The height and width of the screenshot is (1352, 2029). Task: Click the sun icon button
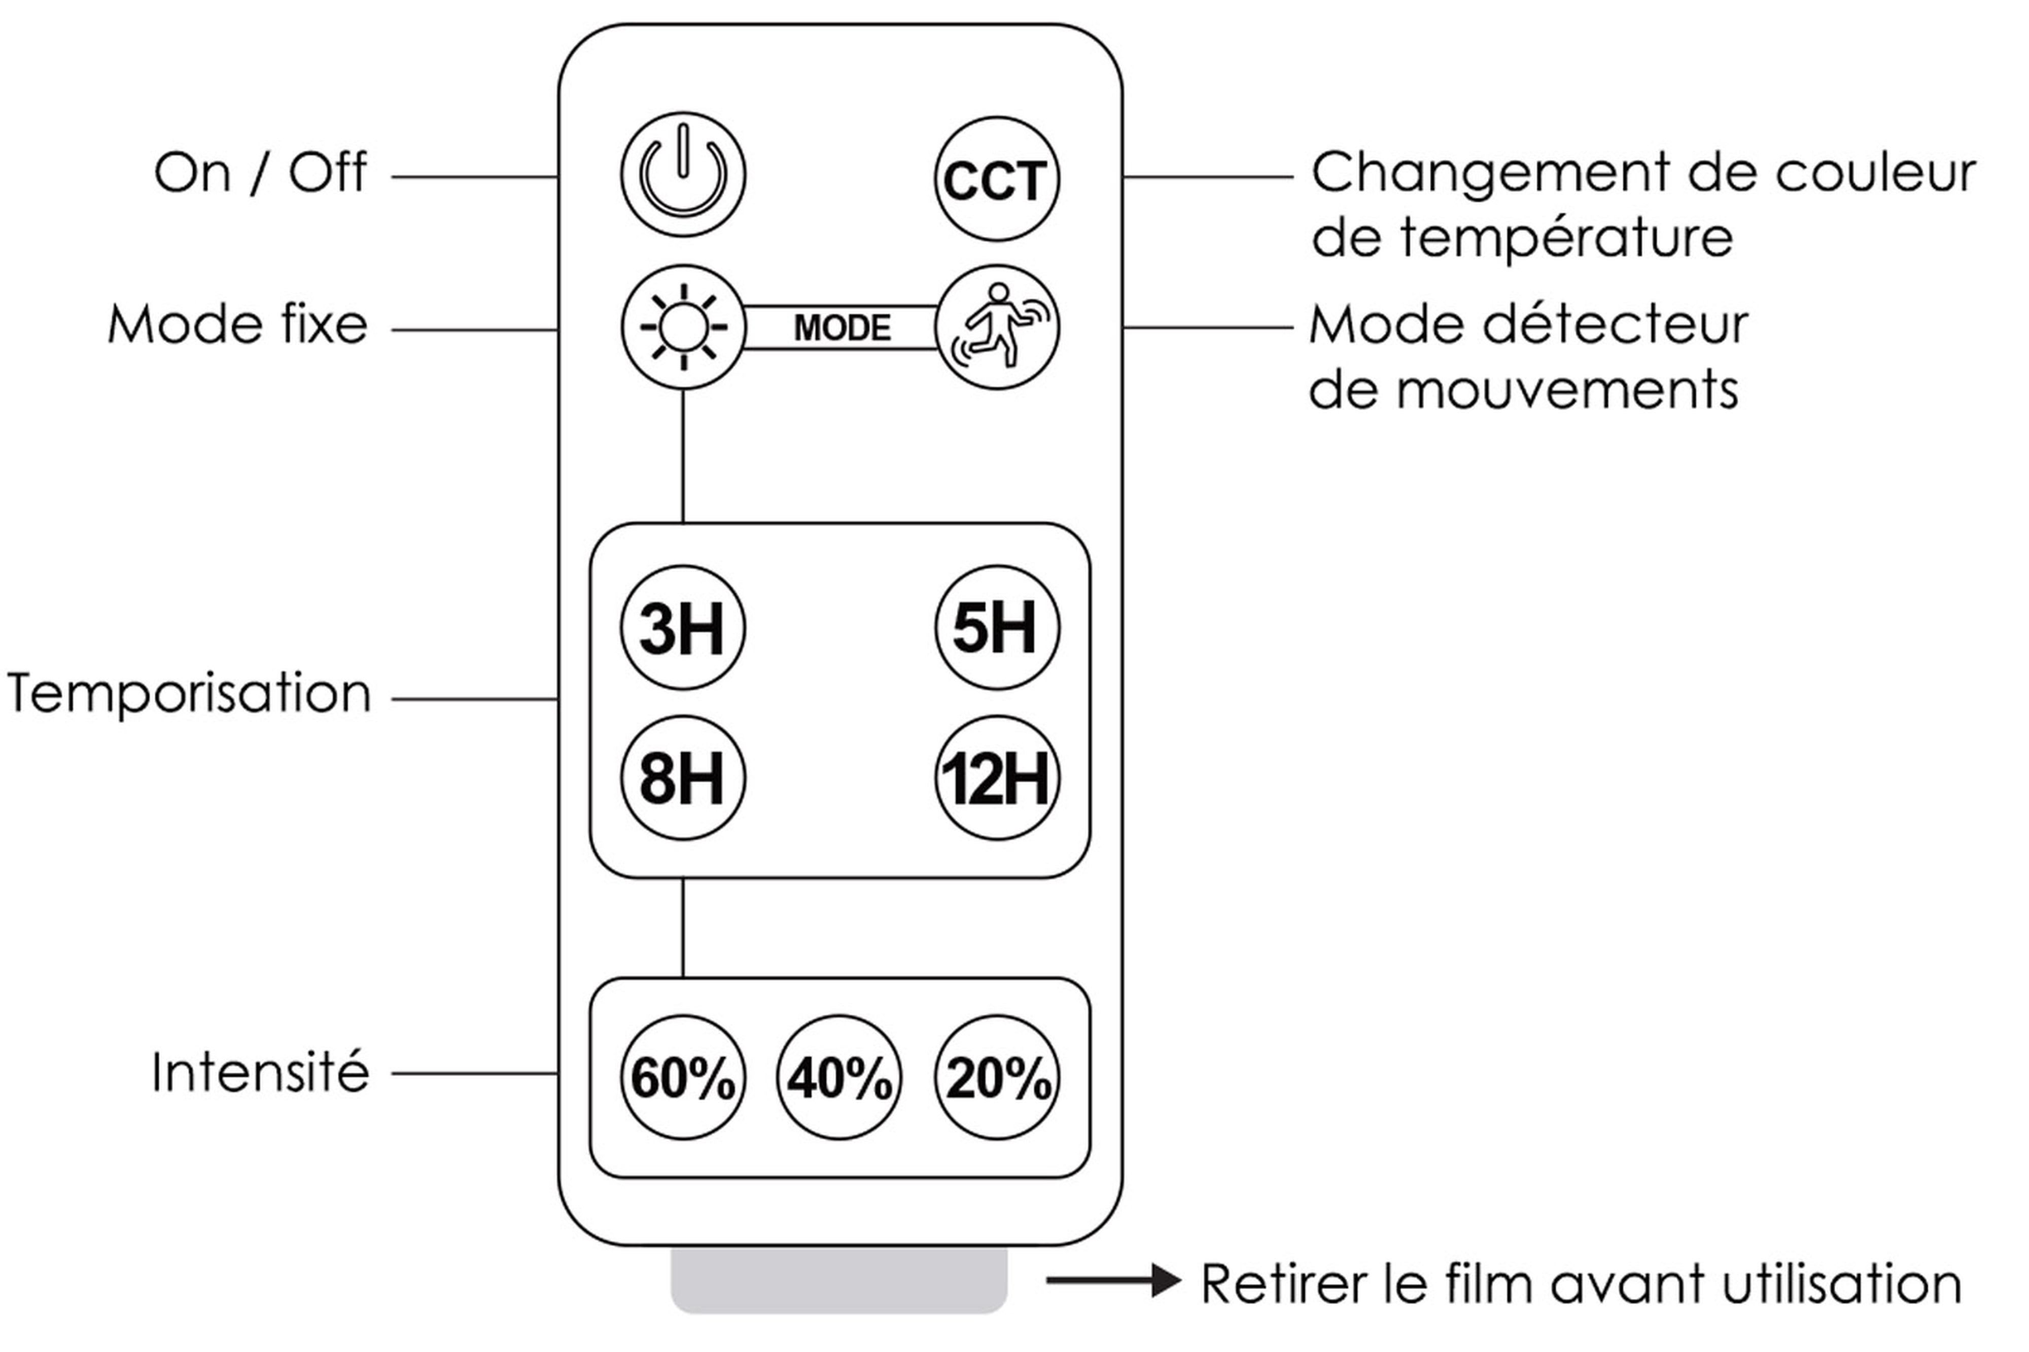(x=683, y=327)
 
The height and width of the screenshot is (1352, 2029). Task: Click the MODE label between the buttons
(x=841, y=328)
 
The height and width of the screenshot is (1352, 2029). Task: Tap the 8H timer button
(x=683, y=778)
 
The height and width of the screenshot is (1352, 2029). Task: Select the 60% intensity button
(x=683, y=1078)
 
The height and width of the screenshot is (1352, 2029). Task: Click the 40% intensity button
(x=839, y=1078)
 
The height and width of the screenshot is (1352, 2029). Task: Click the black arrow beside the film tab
(x=1112, y=1280)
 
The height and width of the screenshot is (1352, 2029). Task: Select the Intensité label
(x=260, y=1073)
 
